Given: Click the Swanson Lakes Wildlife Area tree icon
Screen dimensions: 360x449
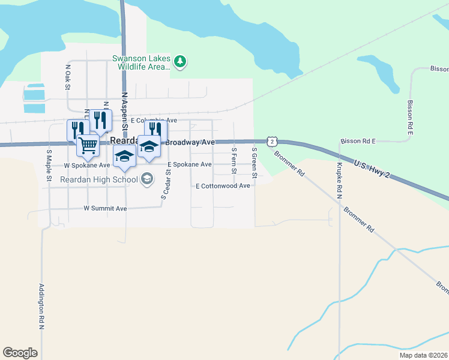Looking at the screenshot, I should pyautogui.click(x=179, y=61).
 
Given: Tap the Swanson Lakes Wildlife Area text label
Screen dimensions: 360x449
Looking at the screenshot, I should pyautogui.click(x=141, y=62).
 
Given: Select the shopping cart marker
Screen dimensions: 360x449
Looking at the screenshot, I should pyautogui.click(x=88, y=144).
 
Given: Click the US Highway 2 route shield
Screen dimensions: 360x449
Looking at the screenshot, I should pyautogui.click(x=273, y=142).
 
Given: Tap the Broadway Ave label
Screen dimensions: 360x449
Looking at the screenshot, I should pyautogui.click(x=190, y=142).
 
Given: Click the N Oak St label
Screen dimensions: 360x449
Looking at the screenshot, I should pyautogui.click(x=68, y=77).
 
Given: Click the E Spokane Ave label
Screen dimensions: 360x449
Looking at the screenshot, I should pyautogui.click(x=189, y=164).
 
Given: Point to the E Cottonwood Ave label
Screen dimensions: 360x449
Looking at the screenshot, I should pyautogui.click(x=223, y=186).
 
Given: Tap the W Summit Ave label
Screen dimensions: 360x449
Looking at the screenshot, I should pyautogui.click(x=105, y=209).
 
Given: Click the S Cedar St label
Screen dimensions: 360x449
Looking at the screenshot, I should pyautogui.click(x=166, y=184).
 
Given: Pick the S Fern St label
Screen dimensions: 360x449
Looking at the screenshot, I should pyautogui.click(x=234, y=161).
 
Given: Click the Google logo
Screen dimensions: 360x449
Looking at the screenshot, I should pyautogui.click(x=20, y=353).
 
